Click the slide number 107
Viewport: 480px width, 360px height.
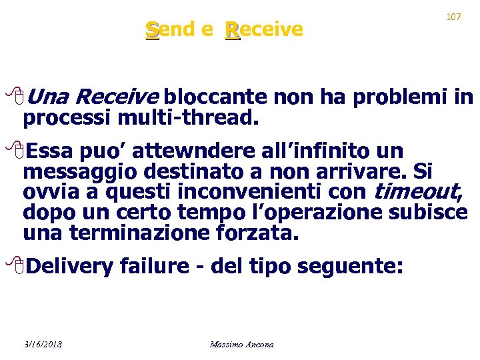tap(453, 17)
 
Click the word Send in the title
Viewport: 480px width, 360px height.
tap(171, 29)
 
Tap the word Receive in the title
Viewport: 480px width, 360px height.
tap(264, 29)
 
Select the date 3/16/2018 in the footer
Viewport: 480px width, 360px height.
tap(43, 344)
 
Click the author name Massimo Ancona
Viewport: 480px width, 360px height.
tap(241, 344)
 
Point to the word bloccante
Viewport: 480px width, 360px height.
tap(215, 98)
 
